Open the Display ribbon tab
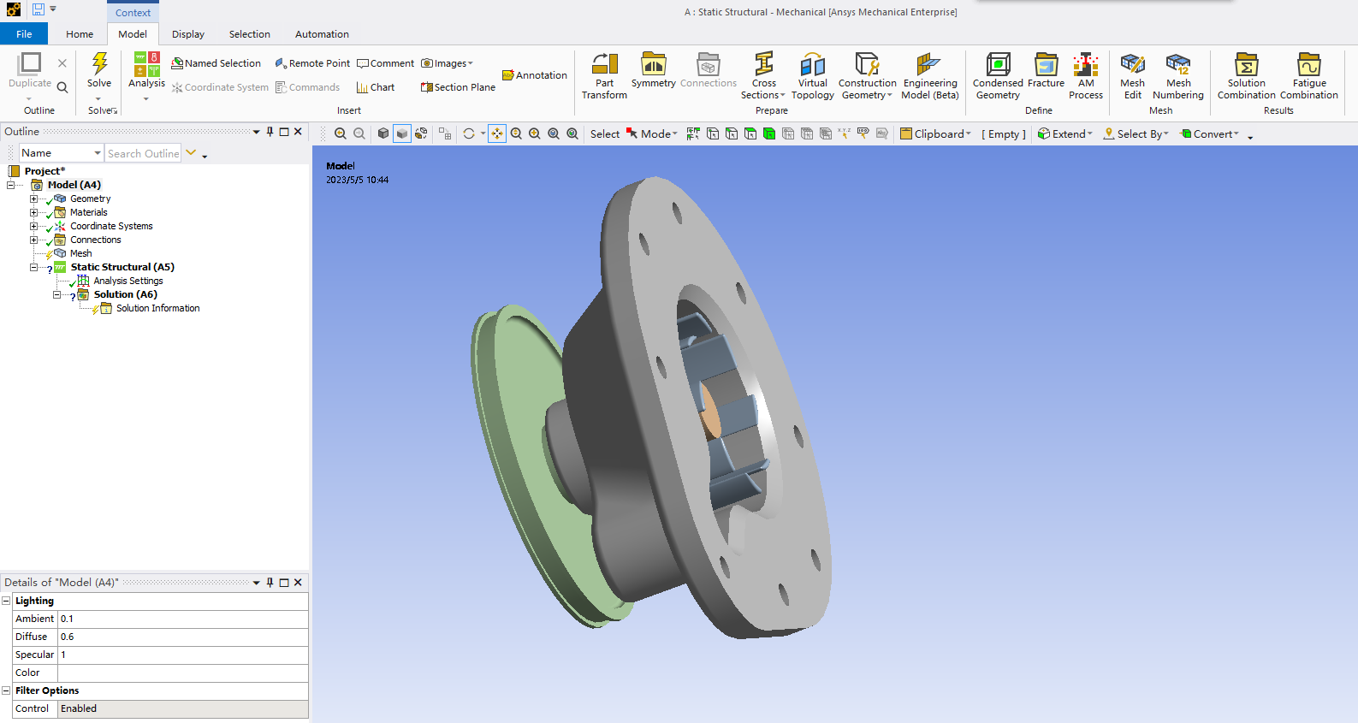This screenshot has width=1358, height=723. [x=187, y=34]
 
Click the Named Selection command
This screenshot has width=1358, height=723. [x=216, y=63]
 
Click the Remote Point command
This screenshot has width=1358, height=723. [x=312, y=63]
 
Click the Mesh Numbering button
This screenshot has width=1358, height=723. [x=1177, y=76]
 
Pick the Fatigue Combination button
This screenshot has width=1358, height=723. [x=1308, y=76]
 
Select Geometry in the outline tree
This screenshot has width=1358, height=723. [x=90, y=199]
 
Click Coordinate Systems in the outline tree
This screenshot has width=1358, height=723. [x=111, y=226]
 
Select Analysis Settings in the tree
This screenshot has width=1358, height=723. [x=127, y=281]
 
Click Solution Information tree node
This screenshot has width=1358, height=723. [x=157, y=308]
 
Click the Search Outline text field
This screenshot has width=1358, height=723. [x=143, y=153]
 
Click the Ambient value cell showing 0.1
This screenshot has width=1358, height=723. [x=182, y=619]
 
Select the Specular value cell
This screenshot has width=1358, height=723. [x=182, y=655]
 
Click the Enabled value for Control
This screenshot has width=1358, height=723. [x=182, y=708]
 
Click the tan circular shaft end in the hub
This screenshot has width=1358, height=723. [x=709, y=412]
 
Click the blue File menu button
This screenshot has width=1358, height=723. [x=24, y=34]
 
